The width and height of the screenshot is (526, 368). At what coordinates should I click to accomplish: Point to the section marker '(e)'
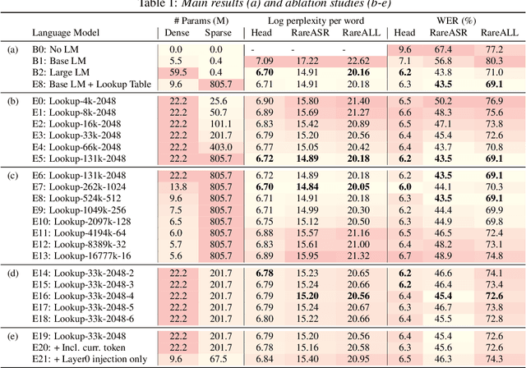click(x=12, y=336)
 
